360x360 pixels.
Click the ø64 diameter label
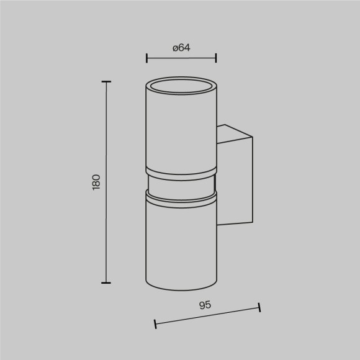[181, 47]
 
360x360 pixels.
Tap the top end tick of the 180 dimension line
[106, 81]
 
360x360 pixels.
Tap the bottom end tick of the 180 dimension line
[106, 282]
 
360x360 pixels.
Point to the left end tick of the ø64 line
[146, 58]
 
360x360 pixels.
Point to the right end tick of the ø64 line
[215, 58]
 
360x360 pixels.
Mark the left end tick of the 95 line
[155, 324]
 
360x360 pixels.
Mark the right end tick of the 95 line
[259, 307]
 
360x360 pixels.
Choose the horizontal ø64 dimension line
[181, 58]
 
